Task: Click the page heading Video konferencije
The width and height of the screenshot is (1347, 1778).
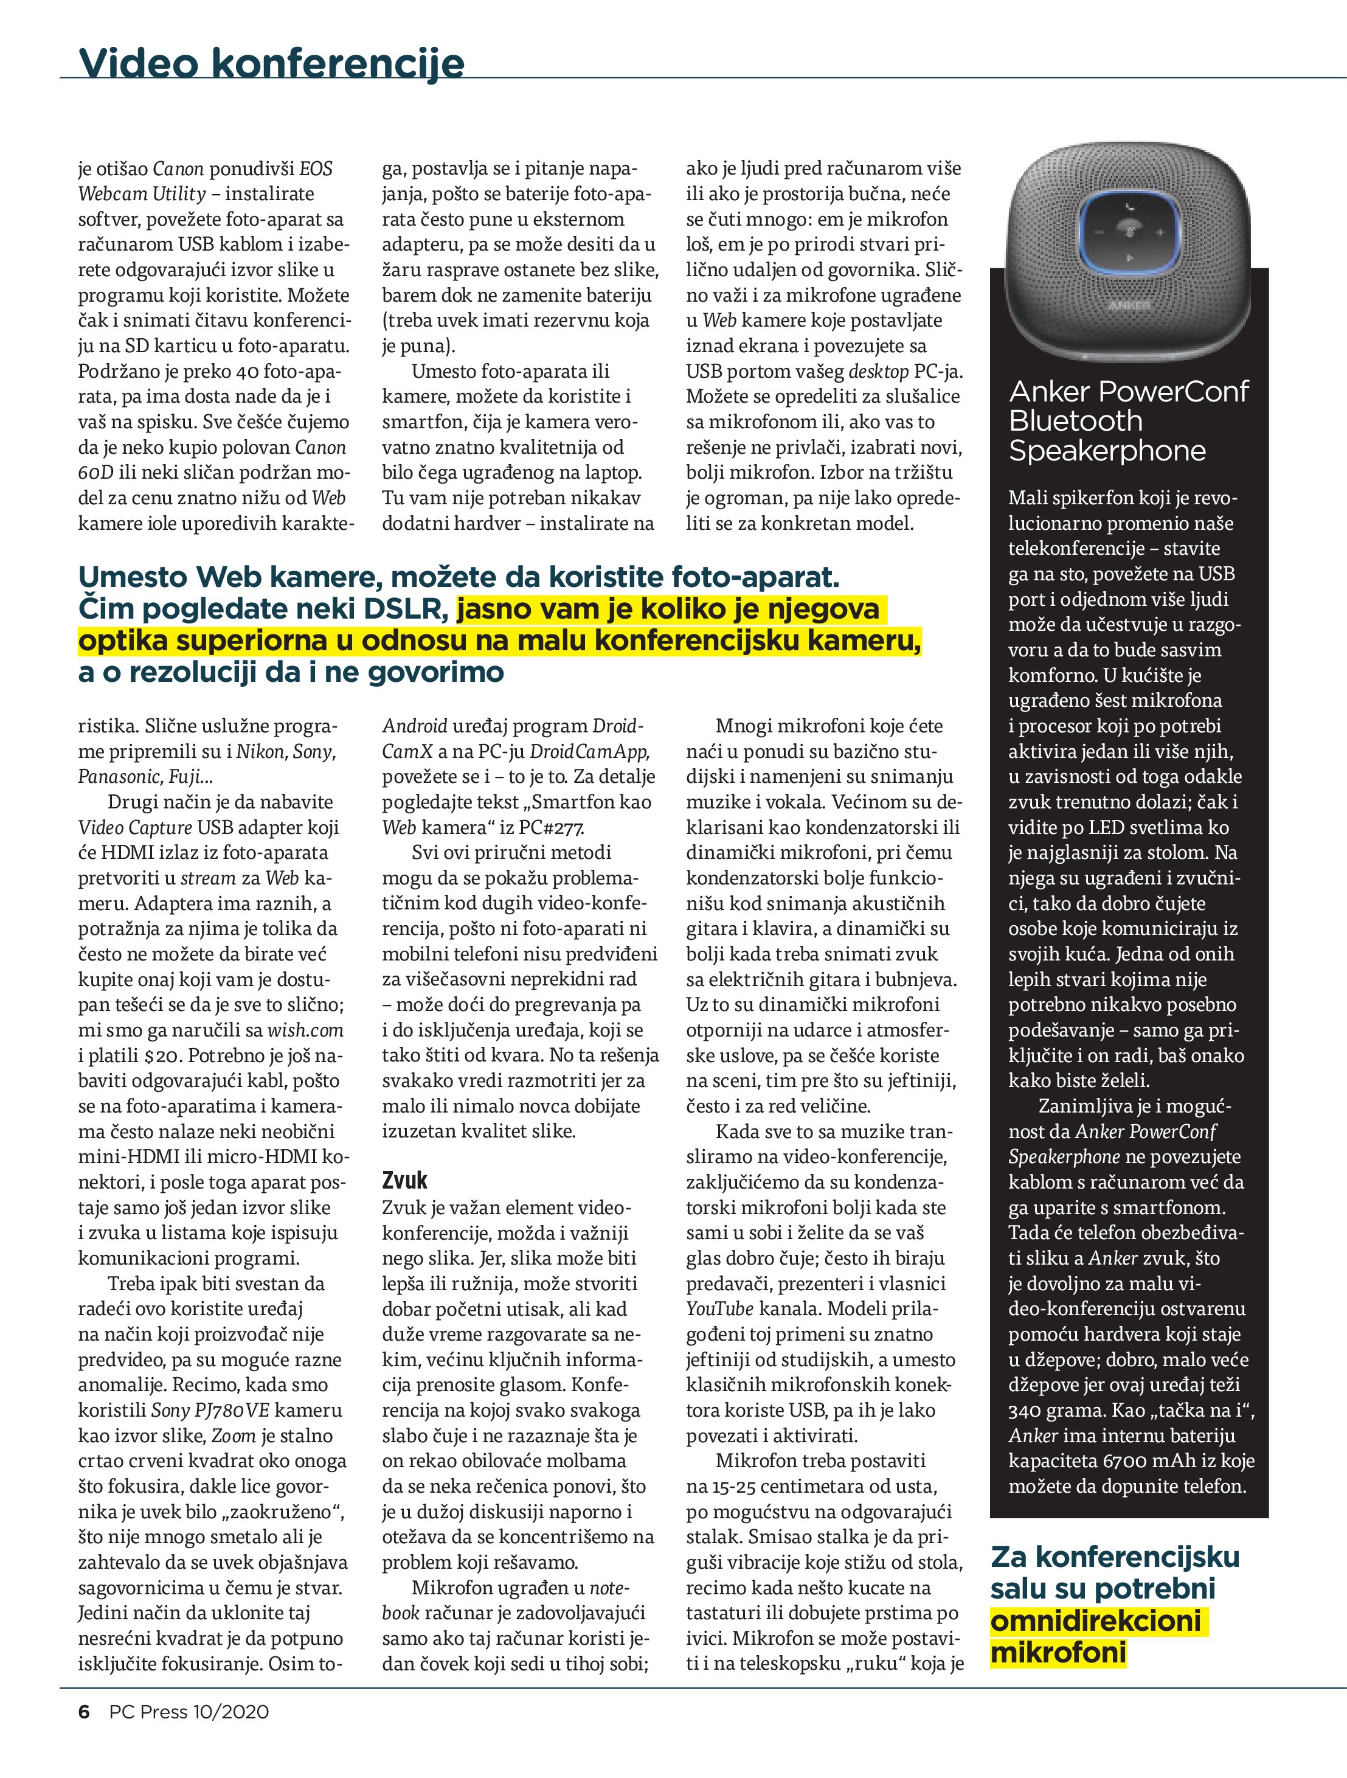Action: click(272, 63)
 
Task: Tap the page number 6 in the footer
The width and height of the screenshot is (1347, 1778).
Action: click(83, 1734)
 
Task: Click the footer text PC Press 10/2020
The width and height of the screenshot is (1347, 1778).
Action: click(189, 1734)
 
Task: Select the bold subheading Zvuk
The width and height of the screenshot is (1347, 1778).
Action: click(404, 1180)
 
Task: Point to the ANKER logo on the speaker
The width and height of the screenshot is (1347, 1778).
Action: click(1129, 305)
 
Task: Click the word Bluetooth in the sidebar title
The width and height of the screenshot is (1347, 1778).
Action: click(1075, 420)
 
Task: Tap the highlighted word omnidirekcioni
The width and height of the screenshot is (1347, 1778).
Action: click(1096, 1620)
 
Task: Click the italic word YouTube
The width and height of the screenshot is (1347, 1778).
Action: click(719, 1308)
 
